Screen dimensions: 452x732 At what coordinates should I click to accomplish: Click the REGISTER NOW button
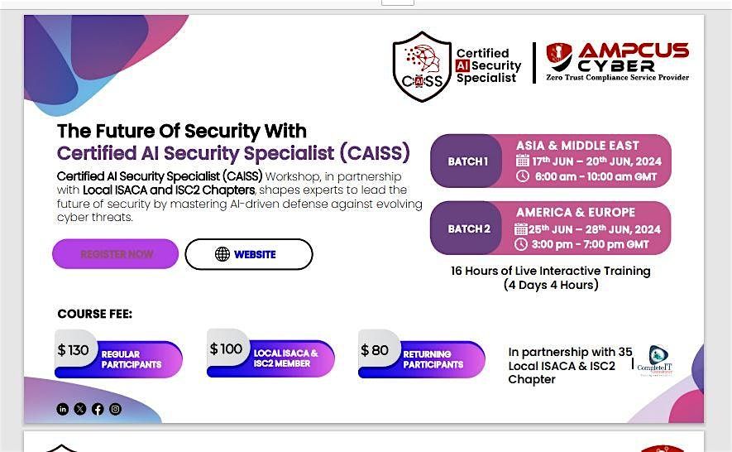click(x=116, y=254)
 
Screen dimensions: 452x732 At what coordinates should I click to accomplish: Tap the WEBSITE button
click(x=248, y=254)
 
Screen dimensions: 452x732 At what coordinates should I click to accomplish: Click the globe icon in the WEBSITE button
click(x=222, y=254)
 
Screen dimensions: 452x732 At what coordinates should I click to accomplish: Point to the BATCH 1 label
click(x=467, y=161)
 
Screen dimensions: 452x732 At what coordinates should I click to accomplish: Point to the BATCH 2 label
click(x=468, y=228)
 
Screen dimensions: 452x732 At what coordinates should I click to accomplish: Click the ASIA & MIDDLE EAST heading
click(x=577, y=146)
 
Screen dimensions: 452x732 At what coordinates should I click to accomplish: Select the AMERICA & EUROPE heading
click(x=576, y=213)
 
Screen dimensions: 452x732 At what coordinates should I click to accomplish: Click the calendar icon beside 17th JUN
click(x=522, y=161)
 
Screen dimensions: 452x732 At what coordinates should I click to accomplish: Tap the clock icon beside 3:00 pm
click(x=521, y=244)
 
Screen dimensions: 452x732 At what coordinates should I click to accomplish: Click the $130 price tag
click(x=73, y=350)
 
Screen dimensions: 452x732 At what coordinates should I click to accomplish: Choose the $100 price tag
click(x=226, y=349)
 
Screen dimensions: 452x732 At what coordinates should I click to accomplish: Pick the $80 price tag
click(x=376, y=350)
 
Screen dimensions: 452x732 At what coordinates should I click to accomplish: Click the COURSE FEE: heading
click(x=94, y=314)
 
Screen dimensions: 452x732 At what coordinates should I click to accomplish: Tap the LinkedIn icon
click(x=63, y=409)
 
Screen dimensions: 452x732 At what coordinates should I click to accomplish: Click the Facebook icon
click(x=98, y=409)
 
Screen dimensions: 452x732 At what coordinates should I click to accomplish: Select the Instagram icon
click(x=115, y=409)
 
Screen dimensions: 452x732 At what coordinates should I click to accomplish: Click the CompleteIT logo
click(x=658, y=361)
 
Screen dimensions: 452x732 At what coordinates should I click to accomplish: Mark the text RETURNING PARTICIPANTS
click(x=433, y=359)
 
